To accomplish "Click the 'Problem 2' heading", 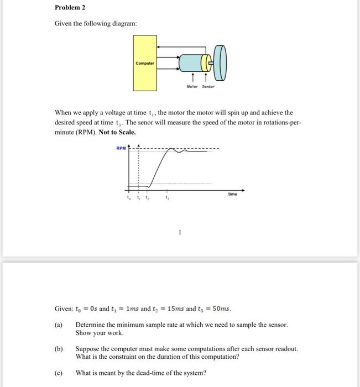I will click(70, 8).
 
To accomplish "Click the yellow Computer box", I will click(145, 63).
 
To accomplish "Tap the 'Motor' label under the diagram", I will click(192, 87).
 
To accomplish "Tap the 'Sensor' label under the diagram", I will click(207, 87).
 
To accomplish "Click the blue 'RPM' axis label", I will click(121, 148).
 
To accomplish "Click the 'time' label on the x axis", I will click(232, 194).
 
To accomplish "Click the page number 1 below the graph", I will click(180, 233).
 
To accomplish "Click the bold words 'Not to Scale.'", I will click(117, 133).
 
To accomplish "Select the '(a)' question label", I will click(59, 325).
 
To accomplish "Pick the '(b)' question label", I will click(59, 349).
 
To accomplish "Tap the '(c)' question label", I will click(59, 373).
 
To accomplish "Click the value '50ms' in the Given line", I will click(222, 308).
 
